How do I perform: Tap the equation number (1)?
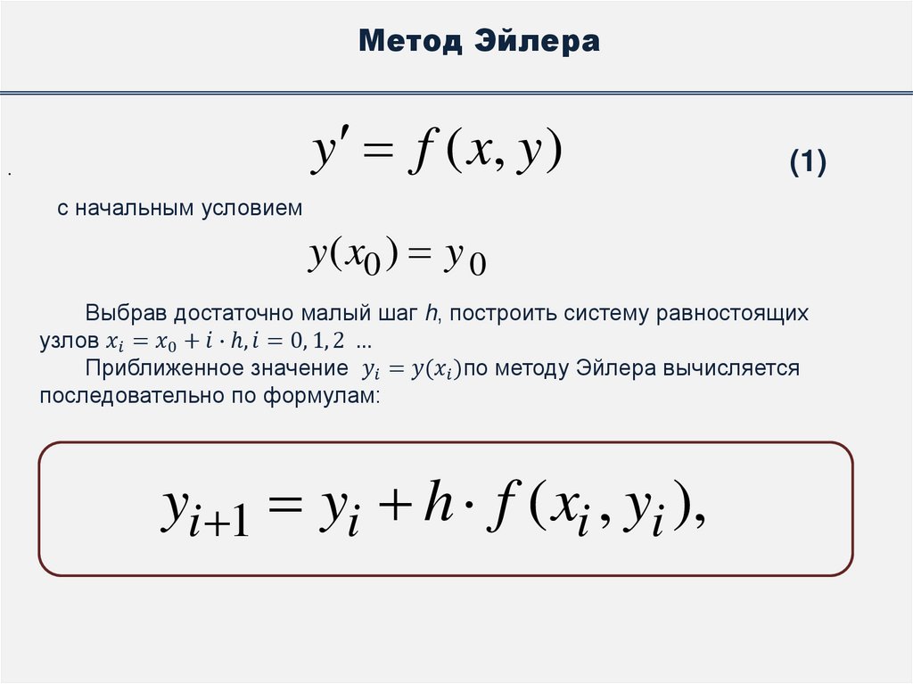pos(808,163)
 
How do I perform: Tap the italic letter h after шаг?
pos(431,314)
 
